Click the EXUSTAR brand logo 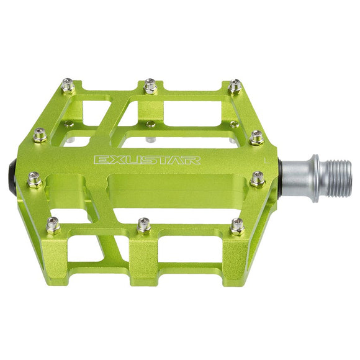[146, 160]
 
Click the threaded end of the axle [338, 175]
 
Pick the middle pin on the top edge [150, 85]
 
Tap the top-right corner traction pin [235, 86]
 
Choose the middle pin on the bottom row [144, 225]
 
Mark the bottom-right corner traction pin [237, 225]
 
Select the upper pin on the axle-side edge [257, 137]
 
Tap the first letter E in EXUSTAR [99, 160]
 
